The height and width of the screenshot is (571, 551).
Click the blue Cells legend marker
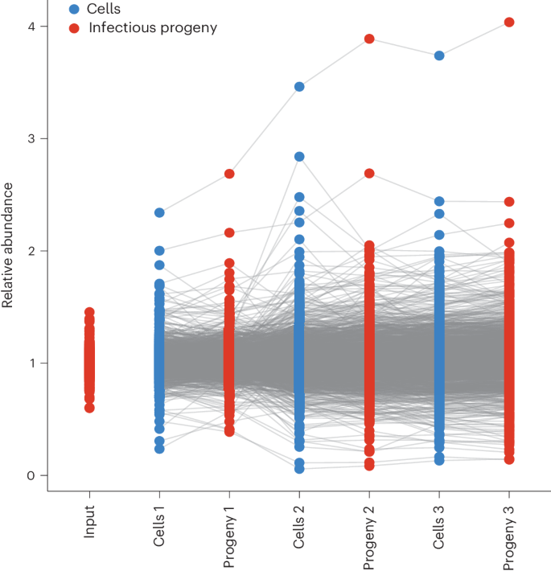tap(75, 10)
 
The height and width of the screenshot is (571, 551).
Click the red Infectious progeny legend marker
tap(75, 28)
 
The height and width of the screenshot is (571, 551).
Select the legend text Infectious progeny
tap(153, 28)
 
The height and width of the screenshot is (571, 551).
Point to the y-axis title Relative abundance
tap(9, 245)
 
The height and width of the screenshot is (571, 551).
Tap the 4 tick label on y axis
tap(31, 27)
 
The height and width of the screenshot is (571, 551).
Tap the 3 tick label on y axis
tap(31, 138)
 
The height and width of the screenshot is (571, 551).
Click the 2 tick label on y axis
tap(31, 251)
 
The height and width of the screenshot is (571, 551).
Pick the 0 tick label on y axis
tap(31, 475)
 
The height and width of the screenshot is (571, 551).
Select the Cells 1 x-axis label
tap(159, 530)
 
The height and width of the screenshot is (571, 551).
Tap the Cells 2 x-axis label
tap(299, 530)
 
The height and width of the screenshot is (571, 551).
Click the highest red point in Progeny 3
tap(509, 22)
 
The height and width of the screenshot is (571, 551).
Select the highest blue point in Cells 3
tap(439, 55)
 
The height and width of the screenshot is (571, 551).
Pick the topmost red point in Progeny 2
tap(369, 39)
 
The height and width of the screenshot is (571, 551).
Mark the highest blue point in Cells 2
tap(299, 86)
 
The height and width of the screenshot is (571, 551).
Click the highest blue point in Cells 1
tap(159, 212)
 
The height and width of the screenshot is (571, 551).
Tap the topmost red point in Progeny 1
tap(229, 174)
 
